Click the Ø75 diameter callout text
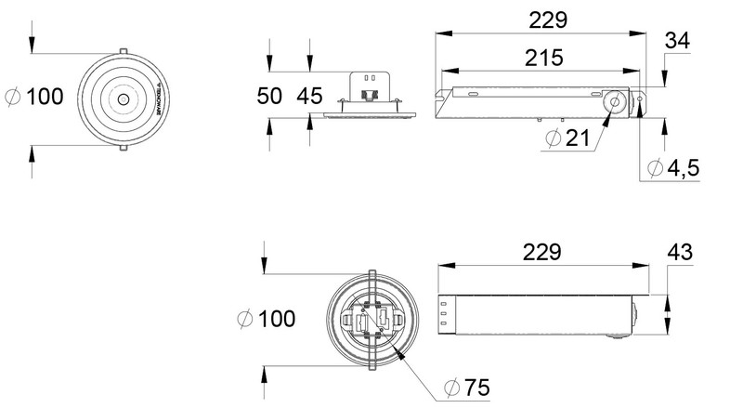point(467,385)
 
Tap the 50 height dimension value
point(270,95)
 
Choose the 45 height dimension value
point(309,95)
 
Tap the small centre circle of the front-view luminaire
point(122,98)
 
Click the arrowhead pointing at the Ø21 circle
point(605,117)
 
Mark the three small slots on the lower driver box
point(444,313)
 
